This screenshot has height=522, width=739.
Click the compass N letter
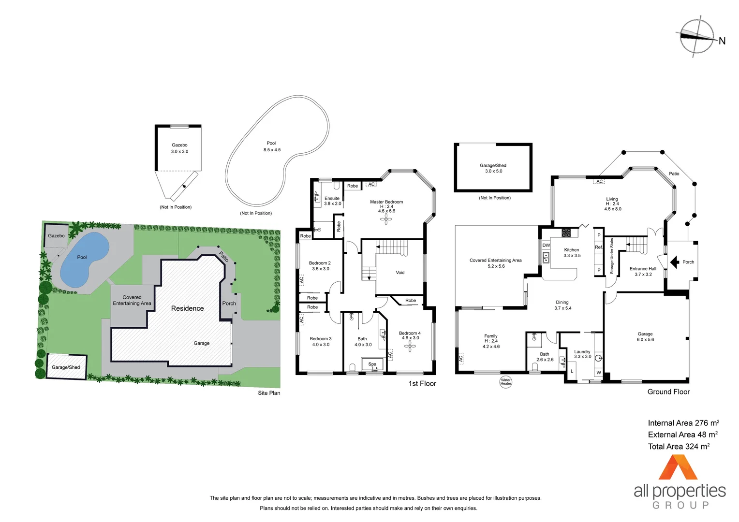(722, 41)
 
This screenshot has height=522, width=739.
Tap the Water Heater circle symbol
(505, 382)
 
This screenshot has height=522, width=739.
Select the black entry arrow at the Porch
(674, 262)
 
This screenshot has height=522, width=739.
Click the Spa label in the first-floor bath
(372, 364)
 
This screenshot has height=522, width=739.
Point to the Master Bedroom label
(386, 202)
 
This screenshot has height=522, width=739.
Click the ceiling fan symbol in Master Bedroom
(386, 220)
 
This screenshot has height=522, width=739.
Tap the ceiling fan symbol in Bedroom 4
(411, 346)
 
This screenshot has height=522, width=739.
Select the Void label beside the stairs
(400, 273)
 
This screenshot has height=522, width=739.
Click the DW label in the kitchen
(546, 245)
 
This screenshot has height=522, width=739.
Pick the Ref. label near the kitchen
(599, 247)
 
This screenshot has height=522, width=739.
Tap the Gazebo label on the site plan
(56, 236)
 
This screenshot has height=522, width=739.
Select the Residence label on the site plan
(187, 308)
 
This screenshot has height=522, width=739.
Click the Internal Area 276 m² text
(683, 423)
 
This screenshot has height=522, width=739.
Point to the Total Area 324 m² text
(679, 447)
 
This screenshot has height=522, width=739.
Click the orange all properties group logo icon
(678, 467)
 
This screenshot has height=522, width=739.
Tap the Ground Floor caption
(668, 392)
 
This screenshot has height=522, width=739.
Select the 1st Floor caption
(422, 384)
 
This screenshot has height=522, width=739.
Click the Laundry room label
(582, 352)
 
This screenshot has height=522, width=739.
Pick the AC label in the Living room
(599, 182)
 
